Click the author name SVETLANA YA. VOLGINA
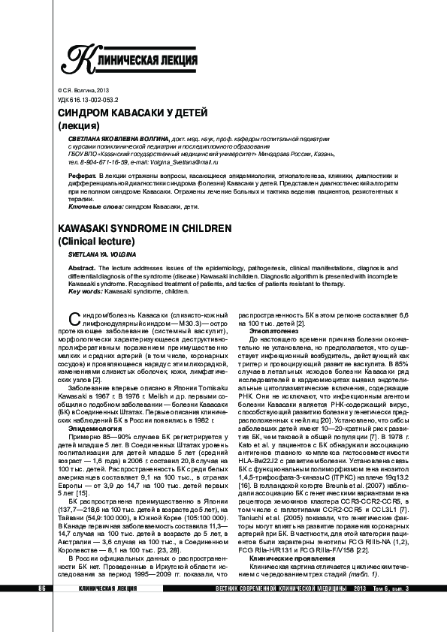click(x=100, y=255)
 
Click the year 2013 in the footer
click(x=361, y=609)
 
